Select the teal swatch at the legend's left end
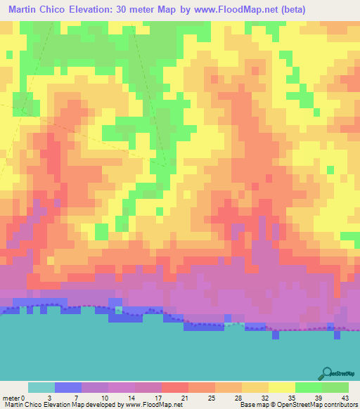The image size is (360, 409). tap(41, 387)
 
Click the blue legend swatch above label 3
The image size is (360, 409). tap(67, 387)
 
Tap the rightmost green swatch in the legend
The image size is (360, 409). tap(335, 387)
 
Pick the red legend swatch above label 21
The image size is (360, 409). tap(174, 387)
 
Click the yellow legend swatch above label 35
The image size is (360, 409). tap(281, 387)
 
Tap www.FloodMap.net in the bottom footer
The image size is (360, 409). tap(152, 404)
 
